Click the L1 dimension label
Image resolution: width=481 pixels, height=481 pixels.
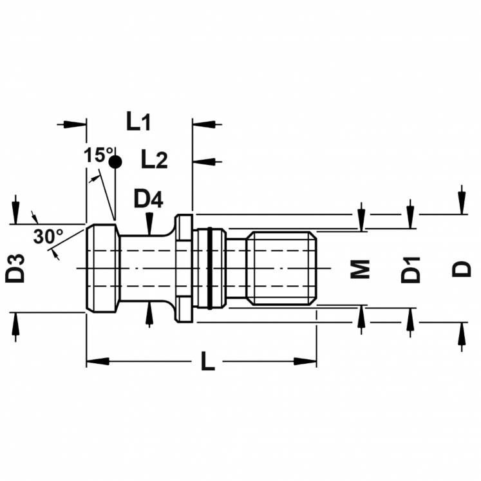138,121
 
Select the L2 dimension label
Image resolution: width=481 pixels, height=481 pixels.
155,159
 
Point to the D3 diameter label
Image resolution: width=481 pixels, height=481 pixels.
15,268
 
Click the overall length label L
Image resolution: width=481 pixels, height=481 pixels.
208,361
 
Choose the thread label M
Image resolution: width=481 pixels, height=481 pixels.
360,269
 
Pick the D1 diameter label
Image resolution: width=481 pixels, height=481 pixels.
410,270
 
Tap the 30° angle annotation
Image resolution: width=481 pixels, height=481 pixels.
48,236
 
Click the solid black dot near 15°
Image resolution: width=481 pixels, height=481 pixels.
115,162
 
